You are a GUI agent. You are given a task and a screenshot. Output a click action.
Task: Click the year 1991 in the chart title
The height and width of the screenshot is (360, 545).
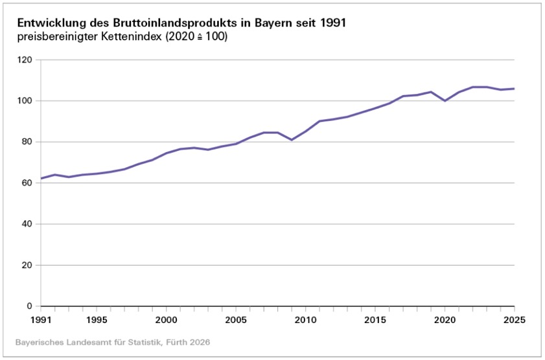pos(330,23)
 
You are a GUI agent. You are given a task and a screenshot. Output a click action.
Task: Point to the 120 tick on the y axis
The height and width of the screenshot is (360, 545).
pos(24,60)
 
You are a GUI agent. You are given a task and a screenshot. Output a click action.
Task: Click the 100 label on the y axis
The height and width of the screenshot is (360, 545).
pos(24,101)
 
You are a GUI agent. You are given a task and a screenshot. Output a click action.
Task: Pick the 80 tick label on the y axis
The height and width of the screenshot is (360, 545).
pos(27,142)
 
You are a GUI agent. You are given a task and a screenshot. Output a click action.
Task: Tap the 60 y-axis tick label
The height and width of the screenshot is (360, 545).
pos(27,183)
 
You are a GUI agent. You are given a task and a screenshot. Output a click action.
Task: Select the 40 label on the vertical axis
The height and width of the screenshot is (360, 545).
pos(27,224)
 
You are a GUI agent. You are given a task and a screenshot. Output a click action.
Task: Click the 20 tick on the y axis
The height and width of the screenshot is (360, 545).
pos(27,265)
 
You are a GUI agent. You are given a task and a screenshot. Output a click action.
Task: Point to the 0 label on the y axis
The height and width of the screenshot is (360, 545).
pos(29,306)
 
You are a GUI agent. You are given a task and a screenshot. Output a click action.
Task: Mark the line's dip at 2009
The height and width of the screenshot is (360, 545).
pos(292,140)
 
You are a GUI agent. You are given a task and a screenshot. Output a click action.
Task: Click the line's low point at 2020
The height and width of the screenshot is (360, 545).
pos(445,101)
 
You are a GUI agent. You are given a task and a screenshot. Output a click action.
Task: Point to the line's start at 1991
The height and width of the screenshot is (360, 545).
pos(41,178)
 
